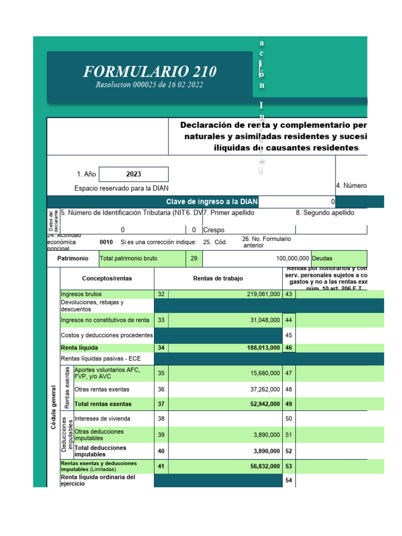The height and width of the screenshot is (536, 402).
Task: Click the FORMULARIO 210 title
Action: tap(150, 72)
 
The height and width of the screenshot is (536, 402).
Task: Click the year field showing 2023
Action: tap(133, 174)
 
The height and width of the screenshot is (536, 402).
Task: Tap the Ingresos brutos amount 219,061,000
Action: tap(263, 295)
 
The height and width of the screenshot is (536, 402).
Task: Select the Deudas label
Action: tap(322, 259)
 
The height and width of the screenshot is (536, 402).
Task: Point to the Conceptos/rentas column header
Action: tap(107, 279)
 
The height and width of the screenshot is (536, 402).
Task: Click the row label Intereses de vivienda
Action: tap(103, 419)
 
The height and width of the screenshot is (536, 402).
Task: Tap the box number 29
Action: tap(194, 259)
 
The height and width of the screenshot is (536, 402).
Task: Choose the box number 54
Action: tap(288, 481)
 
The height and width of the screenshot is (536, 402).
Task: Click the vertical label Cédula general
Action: tap(53, 408)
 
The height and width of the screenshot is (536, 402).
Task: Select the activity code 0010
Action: tap(106, 242)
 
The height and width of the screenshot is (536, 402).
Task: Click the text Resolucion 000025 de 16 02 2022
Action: tap(149, 85)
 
